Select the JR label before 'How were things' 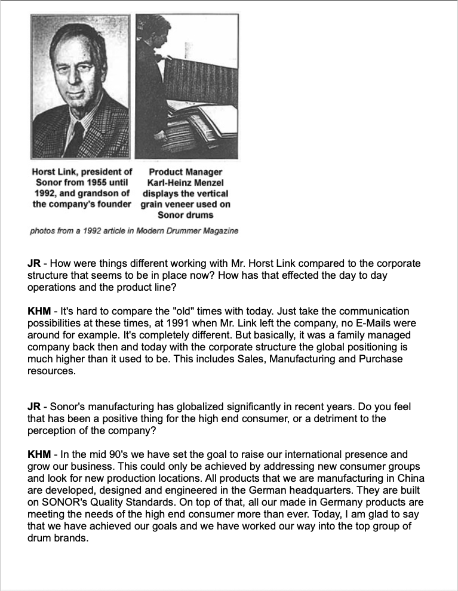pyautogui.click(x=33, y=263)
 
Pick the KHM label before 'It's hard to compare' pyautogui.click(x=39, y=311)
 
